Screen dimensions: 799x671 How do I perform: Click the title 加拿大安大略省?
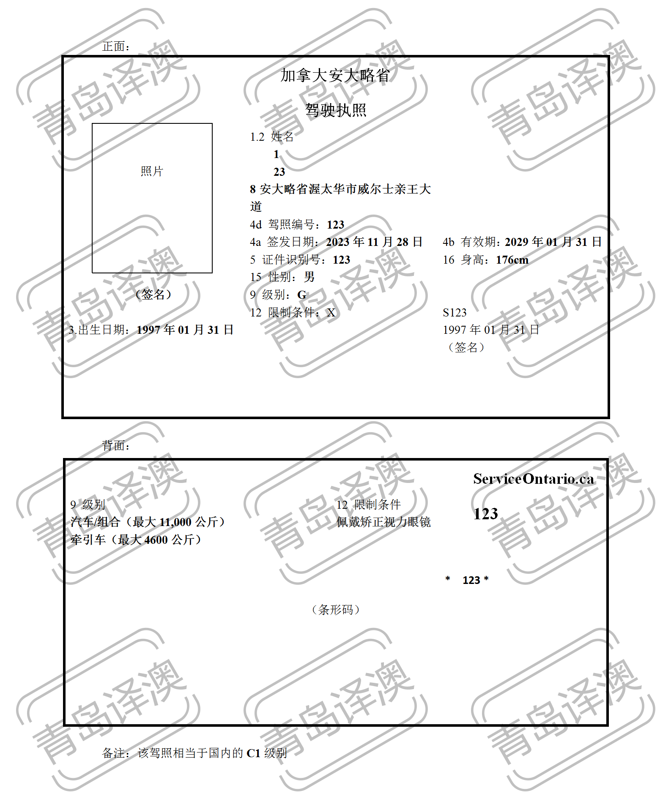[x=335, y=76]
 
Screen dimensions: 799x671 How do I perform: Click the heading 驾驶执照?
[x=335, y=110]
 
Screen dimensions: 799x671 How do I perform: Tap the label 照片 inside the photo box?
[x=152, y=171]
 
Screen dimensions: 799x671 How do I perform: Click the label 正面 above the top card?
[x=115, y=46]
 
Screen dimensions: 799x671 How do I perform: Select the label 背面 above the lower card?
[x=115, y=445]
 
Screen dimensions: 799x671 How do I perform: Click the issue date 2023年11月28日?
[x=374, y=242]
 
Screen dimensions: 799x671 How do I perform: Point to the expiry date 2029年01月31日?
[x=553, y=242]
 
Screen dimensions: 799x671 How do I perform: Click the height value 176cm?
[x=512, y=260]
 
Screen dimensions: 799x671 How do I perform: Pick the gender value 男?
[x=309, y=277]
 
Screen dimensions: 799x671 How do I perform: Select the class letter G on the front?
[x=302, y=295]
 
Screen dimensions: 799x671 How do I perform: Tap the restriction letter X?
[x=331, y=313]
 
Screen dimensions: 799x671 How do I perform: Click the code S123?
[x=455, y=313]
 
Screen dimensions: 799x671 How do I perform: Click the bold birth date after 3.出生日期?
[x=185, y=330]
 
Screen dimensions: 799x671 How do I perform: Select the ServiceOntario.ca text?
[x=534, y=479]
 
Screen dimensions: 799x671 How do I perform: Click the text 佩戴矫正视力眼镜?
[x=383, y=522]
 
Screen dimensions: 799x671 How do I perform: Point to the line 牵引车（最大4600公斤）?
[x=136, y=540]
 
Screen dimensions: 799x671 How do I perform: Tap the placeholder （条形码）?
[x=335, y=610]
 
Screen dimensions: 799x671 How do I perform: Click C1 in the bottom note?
[x=253, y=753]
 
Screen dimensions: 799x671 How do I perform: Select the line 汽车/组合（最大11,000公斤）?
[x=148, y=522]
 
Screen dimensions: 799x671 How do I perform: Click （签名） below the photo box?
[x=153, y=295]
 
